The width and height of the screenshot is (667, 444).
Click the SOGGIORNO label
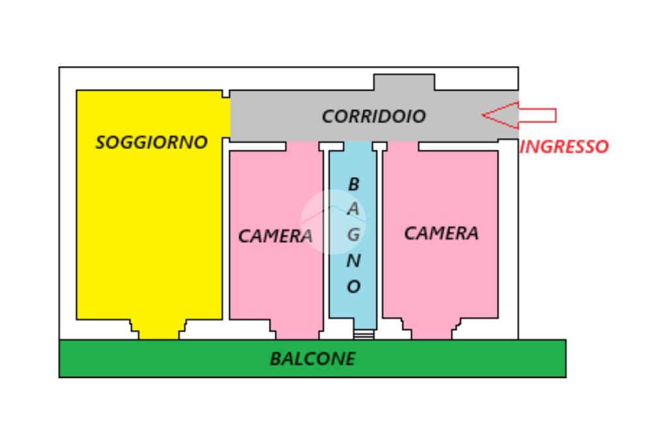[x=151, y=142]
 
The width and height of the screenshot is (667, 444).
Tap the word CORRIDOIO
[x=373, y=117]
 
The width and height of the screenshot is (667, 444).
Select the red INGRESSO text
[x=564, y=146]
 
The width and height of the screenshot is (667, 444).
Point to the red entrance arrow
[x=518, y=115]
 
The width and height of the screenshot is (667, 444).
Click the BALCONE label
[x=313, y=358]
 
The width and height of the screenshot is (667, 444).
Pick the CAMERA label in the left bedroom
[x=275, y=236]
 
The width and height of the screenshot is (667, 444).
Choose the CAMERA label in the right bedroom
[x=441, y=232]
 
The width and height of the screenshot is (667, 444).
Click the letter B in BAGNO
[x=353, y=185]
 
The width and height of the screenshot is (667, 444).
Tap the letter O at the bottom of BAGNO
[x=353, y=286]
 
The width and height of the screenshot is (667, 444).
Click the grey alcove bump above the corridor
[x=404, y=83]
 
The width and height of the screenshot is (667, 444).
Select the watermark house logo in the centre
[x=333, y=221]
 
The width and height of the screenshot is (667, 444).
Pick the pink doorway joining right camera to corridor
[x=401, y=146]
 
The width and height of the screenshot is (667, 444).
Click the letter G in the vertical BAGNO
[x=353, y=235]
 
